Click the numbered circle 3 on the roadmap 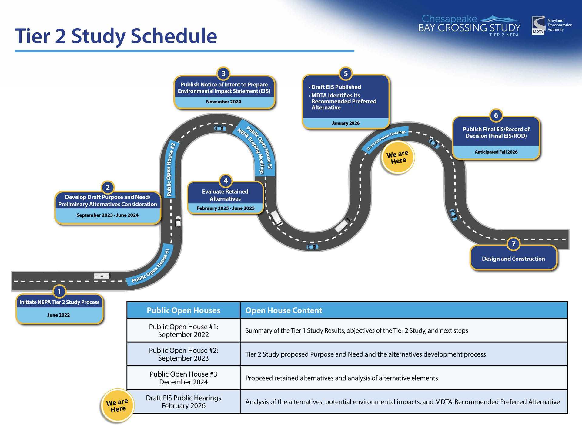(223, 73)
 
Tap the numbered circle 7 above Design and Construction (513, 244)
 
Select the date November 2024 (223, 102)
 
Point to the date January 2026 (345, 123)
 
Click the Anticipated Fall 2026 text (496, 152)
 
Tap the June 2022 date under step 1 (59, 315)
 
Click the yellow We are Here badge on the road (398, 157)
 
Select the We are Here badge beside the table (117, 405)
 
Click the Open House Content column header (283, 310)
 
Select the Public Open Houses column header (183, 310)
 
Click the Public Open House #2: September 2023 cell (183, 354)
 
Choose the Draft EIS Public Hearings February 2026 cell (183, 401)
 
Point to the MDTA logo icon (538, 25)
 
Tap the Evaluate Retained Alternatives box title (225, 195)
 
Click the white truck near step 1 (102, 276)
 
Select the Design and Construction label (513, 259)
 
